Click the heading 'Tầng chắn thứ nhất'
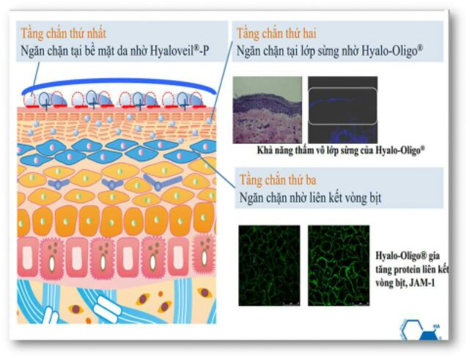pos(63,33)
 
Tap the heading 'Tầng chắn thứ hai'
pos(276,33)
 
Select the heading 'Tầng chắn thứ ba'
pos(278,180)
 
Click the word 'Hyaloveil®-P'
pos(180,51)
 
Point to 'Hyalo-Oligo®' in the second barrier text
pos(393,51)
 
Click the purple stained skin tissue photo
pos(267,109)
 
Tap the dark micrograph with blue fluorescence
pos(343,109)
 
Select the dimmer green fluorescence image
pos(269,265)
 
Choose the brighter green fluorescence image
pos(339,265)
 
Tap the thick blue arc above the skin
pos(119,81)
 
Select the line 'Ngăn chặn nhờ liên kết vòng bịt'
pos(311,198)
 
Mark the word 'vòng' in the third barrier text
pos(345,198)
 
